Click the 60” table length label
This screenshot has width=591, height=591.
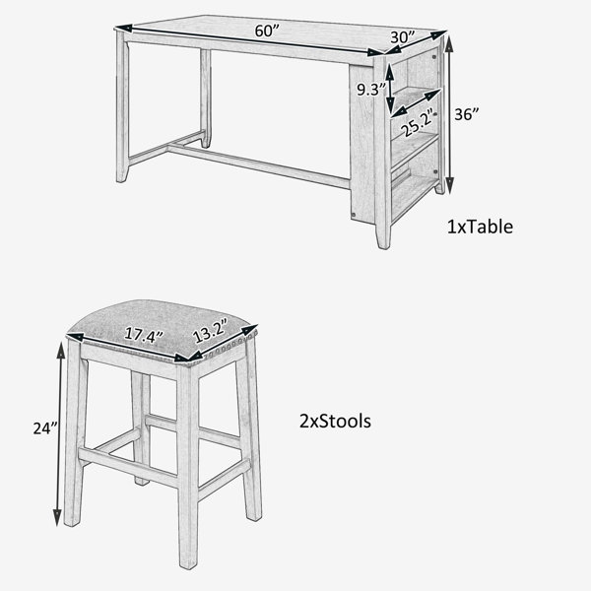click(267, 31)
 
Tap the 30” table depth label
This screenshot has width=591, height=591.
click(402, 37)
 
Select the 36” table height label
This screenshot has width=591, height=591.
click(467, 114)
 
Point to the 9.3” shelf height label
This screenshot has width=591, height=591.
click(371, 90)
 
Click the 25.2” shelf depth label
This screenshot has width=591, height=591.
click(419, 122)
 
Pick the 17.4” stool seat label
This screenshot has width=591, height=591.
click(144, 335)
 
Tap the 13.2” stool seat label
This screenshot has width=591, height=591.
click(211, 331)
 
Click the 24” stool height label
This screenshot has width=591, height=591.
click(45, 428)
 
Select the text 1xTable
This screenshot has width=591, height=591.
click(480, 227)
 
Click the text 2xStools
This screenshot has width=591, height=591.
click(335, 421)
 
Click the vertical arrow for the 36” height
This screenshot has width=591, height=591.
click(449, 114)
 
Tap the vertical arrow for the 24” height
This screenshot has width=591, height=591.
click(58, 433)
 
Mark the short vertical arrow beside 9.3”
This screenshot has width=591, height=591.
click(390, 91)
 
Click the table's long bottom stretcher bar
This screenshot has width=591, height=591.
click(259, 165)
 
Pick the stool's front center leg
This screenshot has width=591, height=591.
click(188, 466)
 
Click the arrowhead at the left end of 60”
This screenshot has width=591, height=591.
click(123, 28)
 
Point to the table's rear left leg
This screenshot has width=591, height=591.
click(206, 98)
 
